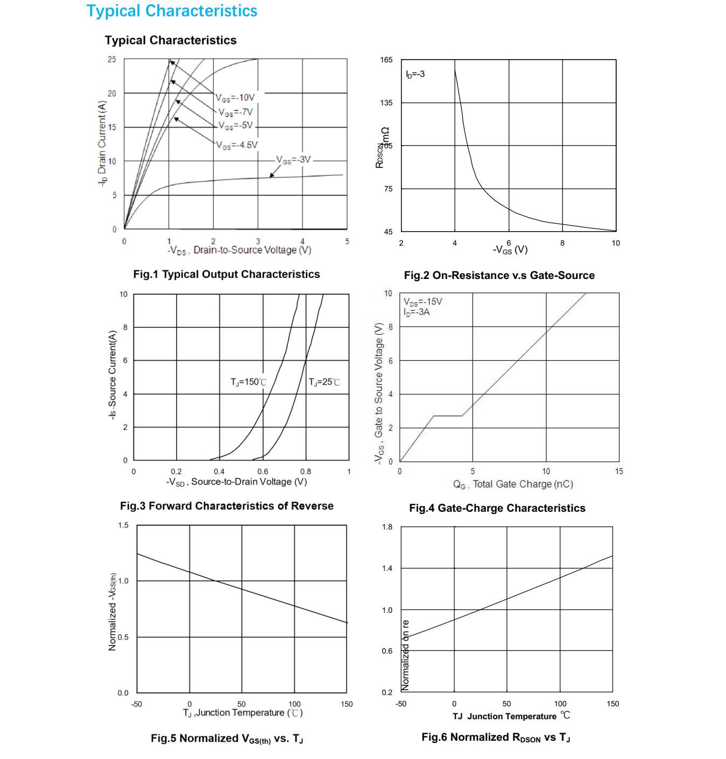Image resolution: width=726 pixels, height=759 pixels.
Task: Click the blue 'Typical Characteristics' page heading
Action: pyautogui.click(x=172, y=11)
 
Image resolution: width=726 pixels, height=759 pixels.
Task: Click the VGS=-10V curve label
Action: pyautogui.click(x=235, y=98)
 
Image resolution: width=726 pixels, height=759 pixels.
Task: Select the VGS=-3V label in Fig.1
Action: pyautogui.click(x=293, y=160)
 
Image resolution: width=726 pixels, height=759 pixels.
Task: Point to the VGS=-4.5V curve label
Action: pyautogui.click(x=237, y=145)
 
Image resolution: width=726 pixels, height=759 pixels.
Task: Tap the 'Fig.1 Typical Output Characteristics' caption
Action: pyautogui.click(x=227, y=274)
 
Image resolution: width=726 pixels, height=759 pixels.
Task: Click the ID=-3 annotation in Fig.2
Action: pyautogui.click(x=415, y=74)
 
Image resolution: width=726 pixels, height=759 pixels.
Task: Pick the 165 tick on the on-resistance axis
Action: pyautogui.click(x=386, y=60)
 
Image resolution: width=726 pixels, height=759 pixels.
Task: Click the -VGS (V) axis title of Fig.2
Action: pyautogui.click(x=510, y=249)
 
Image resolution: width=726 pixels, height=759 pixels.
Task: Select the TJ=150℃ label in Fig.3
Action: pyautogui.click(x=248, y=382)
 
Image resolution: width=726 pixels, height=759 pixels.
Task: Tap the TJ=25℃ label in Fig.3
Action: pyautogui.click(x=324, y=382)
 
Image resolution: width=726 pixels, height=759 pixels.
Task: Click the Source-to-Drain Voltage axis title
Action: pyautogui.click(x=237, y=482)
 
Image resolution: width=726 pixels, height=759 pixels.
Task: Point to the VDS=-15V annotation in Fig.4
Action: pyautogui.click(x=423, y=302)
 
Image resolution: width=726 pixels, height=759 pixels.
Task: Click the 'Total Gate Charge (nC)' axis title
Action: pyautogui.click(x=513, y=484)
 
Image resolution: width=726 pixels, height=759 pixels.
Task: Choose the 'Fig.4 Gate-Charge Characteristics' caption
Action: pyautogui.click(x=497, y=508)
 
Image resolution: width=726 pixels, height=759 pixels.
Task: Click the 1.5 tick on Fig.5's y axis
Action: pyautogui.click(x=123, y=525)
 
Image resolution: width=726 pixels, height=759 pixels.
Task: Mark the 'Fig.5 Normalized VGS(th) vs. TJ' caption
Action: pyautogui.click(x=227, y=739)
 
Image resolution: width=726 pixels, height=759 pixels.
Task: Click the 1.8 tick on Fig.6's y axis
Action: pyautogui.click(x=387, y=527)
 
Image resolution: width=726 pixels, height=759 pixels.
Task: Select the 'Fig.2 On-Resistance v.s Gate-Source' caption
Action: pyautogui.click(x=499, y=275)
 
